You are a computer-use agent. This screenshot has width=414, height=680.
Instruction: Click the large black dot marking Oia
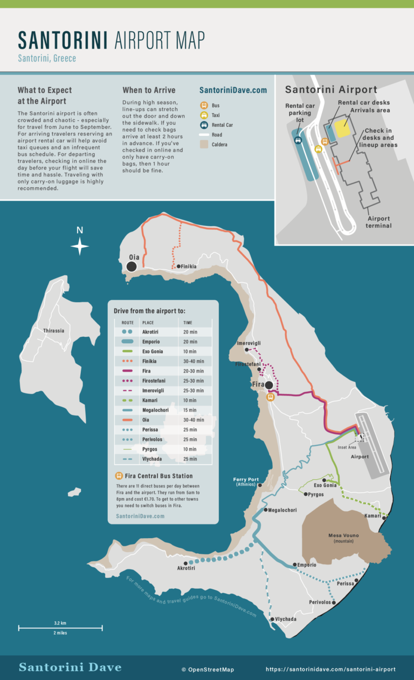tap(132, 266)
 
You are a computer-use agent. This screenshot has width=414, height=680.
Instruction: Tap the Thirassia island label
tap(54, 331)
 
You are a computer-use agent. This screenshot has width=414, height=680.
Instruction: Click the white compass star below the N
tap(80, 247)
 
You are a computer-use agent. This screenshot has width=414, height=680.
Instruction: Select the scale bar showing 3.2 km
tap(60, 628)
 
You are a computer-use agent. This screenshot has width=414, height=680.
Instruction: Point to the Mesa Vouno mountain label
tap(343, 538)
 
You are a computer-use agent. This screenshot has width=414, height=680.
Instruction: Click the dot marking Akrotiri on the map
tap(185, 563)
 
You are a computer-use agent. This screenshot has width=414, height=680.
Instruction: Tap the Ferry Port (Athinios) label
tap(246, 481)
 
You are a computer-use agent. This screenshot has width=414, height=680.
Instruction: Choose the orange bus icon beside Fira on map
tap(271, 397)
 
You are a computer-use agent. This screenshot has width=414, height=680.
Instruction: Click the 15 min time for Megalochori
tap(189, 410)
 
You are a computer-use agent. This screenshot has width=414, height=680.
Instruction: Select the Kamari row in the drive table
tap(162, 400)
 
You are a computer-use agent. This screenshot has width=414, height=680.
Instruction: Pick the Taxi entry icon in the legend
tap(204, 115)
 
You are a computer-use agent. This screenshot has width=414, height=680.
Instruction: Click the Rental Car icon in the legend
tap(204, 125)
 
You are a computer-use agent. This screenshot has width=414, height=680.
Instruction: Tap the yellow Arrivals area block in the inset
tap(342, 128)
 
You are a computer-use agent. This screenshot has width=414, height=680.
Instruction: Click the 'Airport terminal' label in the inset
tap(378, 222)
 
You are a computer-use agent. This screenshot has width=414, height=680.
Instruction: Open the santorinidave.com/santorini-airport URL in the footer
tap(330, 669)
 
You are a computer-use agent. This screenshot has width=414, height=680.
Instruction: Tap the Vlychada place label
tap(285, 619)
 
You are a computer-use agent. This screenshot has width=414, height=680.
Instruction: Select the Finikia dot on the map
tap(178, 266)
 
